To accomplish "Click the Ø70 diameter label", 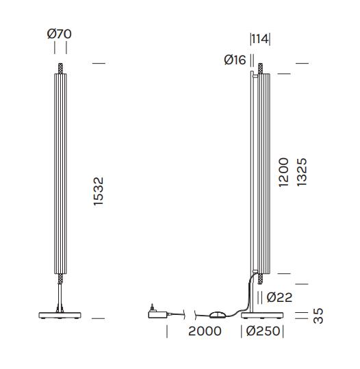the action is tap(59, 34).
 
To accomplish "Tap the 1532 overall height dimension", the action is tap(99, 191).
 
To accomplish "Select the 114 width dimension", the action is tap(260, 39).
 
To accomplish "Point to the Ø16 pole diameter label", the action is tap(235, 60).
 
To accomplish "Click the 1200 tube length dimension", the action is tap(283, 173).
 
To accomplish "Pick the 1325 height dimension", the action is tap(302, 172).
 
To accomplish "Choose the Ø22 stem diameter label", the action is tap(279, 297).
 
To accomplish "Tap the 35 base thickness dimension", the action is tap(318, 316).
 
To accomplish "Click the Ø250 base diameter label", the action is tap(263, 331).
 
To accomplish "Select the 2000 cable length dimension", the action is tap(205, 331).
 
